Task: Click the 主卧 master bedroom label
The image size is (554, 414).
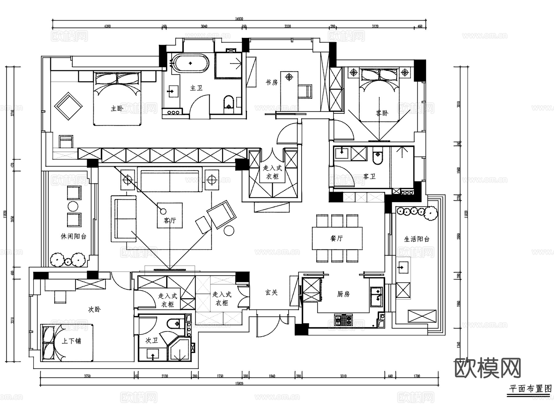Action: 117,108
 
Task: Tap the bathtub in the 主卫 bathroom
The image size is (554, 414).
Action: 190,63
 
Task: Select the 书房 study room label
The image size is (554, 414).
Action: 272,82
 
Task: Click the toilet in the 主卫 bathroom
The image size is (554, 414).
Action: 228,102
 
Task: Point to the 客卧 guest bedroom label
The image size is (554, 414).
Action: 382,113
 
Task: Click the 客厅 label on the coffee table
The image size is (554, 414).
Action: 170,220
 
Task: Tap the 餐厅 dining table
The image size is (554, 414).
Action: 337,238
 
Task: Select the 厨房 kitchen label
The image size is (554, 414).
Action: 343,294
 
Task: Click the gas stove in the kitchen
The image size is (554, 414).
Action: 343,320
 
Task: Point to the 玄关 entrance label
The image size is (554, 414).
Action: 271,292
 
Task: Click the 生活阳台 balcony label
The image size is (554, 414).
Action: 416,239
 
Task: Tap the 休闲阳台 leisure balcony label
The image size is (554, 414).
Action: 73,236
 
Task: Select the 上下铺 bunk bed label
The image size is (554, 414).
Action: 71,341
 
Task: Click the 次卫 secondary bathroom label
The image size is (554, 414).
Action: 151,340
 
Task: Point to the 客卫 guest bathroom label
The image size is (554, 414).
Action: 369,176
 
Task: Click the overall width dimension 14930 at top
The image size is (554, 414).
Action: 239,19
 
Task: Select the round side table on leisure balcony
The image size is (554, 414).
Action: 73,206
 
